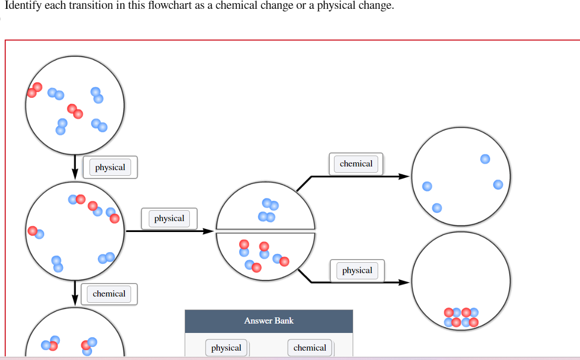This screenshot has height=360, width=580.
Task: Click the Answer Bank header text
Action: pyautogui.click(x=268, y=321)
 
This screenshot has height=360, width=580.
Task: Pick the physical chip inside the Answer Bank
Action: pyautogui.click(x=226, y=348)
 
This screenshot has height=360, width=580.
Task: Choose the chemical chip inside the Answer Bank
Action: pyautogui.click(x=310, y=348)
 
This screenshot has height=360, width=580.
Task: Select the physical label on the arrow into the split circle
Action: pyautogui.click(x=169, y=218)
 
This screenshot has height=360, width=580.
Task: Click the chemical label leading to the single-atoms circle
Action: pyautogui.click(x=356, y=164)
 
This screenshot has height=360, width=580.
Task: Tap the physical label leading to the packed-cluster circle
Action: pyautogui.click(x=357, y=271)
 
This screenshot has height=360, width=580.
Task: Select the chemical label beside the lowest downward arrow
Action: pyautogui.click(x=109, y=294)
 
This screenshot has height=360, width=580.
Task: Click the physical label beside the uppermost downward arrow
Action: pyautogui.click(x=110, y=168)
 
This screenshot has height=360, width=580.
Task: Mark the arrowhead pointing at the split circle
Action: pyautogui.click(x=208, y=230)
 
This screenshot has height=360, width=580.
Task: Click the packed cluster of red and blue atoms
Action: pyautogui.click(x=461, y=317)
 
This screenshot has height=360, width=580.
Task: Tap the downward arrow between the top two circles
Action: pyautogui.click(x=75, y=166)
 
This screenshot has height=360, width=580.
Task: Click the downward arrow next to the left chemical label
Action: pyautogui.click(x=75, y=293)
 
